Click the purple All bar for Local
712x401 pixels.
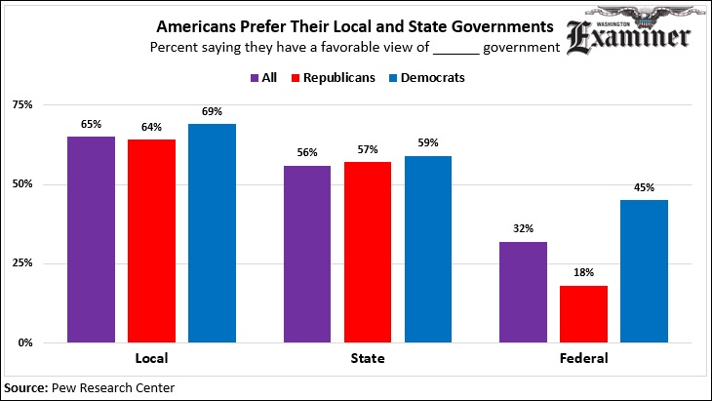coord(91,239)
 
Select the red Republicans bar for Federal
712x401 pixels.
coord(582,314)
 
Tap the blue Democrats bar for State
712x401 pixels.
coord(427,249)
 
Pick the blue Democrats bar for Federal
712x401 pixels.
coord(643,271)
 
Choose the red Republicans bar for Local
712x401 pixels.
coord(151,241)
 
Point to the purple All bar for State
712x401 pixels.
coord(307,254)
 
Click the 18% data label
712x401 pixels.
coord(582,273)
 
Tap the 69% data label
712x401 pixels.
coord(212,112)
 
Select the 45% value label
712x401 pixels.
coord(643,188)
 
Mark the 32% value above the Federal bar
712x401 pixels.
coord(523,229)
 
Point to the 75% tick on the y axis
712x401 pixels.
coord(21,104)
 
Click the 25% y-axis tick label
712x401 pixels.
coord(21,263)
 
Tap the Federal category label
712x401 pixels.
coord(583,359)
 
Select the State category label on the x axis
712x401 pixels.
coord(367,359)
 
